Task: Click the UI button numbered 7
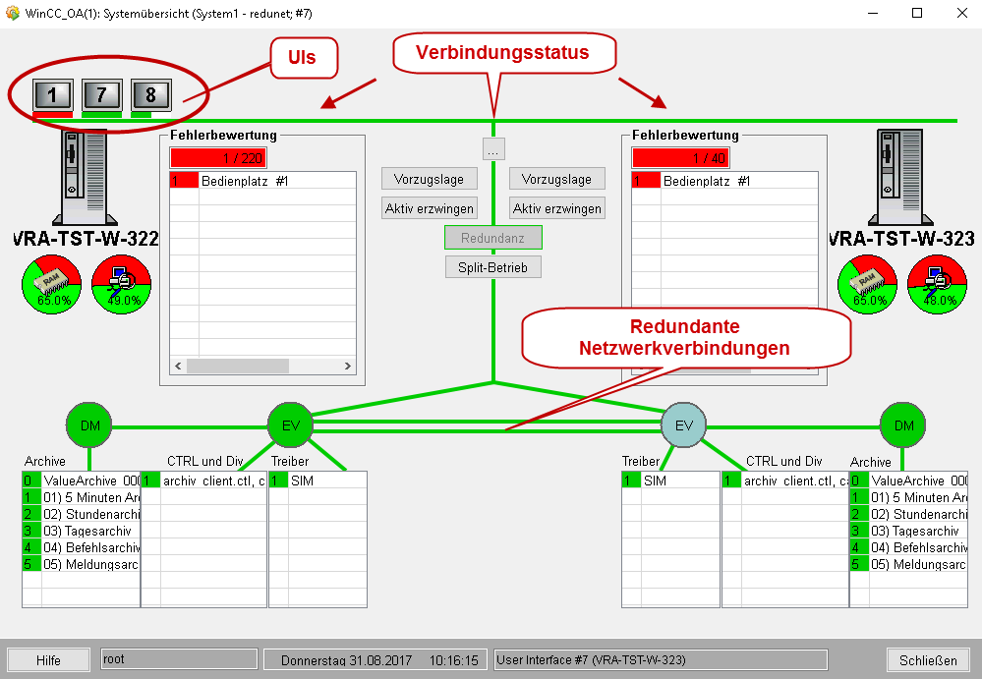tap(101, 94)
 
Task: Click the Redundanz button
tap(492, 238)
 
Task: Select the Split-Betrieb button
tap(492, 267)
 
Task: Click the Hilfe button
tap(48, 660)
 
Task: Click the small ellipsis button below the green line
tap(492, 149)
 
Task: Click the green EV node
tap(290, 424)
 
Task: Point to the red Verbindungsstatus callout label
tap(502, 53)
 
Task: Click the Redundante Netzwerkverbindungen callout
tap(684, 337)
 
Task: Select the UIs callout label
tap(302, 58)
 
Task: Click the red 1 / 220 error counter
tap(218, 158)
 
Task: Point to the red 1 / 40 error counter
tap(680, 158)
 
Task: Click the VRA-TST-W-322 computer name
tap(87, 239)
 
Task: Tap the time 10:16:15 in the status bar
tap(453, 660)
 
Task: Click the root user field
tap(178, 659)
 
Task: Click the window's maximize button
tap(917, 13)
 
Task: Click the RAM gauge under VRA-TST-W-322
tap(50, 285)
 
